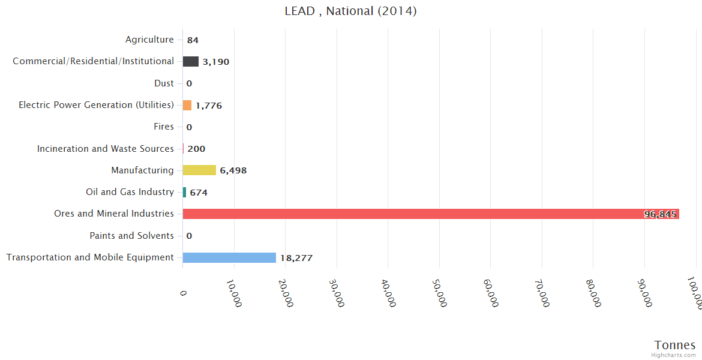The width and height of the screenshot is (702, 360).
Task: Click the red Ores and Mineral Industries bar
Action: click(x=420, y=214)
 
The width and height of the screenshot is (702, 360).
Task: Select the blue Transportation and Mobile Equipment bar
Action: click(x=229, y=257)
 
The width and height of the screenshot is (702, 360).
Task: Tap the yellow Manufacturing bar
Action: click(x=199, y=170)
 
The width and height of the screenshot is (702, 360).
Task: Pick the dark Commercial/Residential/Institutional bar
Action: click(x=191, y=61)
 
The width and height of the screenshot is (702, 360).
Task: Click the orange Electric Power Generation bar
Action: click(x=187, y=105)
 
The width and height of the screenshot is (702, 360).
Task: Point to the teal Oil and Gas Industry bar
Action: click(x=184, y=193)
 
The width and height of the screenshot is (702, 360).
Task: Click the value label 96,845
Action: click(x=660, y=214)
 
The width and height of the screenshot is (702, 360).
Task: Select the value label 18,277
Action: click(x=296, y=258)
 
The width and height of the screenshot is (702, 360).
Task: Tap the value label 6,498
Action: click(x=233, y=170)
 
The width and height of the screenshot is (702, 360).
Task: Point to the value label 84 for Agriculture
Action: click(x=193, y=40)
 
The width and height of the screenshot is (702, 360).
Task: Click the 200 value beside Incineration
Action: click(x=196, y=149)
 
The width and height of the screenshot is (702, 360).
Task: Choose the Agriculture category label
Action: click(x=149, y=40)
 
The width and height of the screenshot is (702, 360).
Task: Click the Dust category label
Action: click(x=164, y=83)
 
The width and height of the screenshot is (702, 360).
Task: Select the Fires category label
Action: click(x=164, y=127)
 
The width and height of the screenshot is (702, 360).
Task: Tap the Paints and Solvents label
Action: click(x=131, y=236)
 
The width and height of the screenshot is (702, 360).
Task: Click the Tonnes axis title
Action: click(x=674, y=345)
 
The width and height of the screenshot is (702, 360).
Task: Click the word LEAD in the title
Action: click(x=299, y=11)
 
